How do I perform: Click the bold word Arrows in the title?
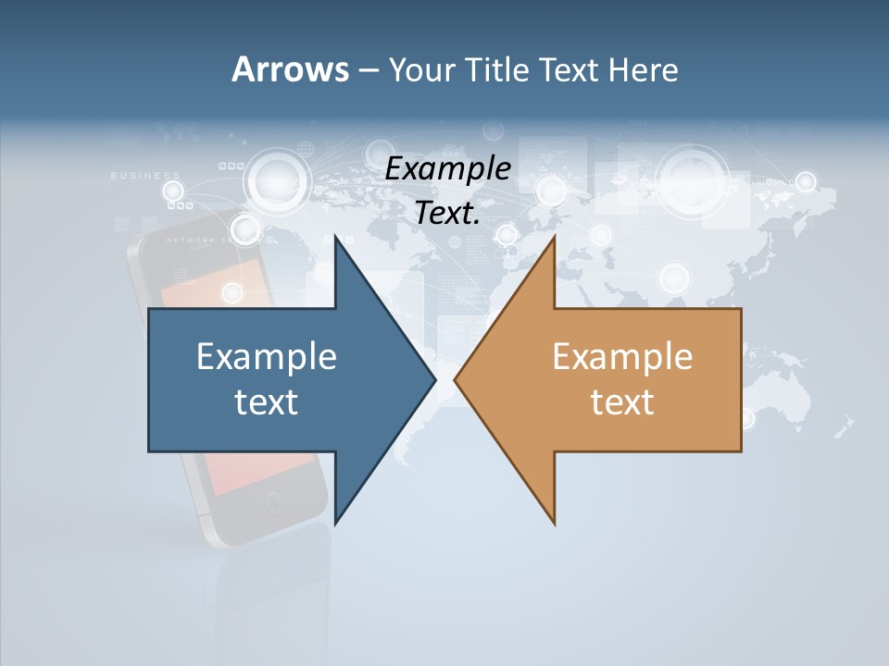pyautogui.click(x=290, y=69)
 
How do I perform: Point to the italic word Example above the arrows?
pyautogui.click(x=448, y=169)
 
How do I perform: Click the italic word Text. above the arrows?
pyautogui.click(x=448, y=213)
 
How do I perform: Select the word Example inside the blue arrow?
pyautogui.click(x=267, y=356)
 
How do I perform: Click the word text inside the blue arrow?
pyautogui.click(x=267, y=401)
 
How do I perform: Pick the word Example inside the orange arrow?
pyautogui.click(x=622, y=356)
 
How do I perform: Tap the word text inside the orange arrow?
pyautogui.click(x=622, y=401)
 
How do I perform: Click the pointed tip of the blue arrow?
pyautogui.click(x=435, y=379)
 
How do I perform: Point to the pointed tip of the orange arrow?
pyautogui.click(x=455, y=379)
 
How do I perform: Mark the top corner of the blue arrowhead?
pyautogui.click(x=335, y=237)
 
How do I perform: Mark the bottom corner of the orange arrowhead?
pyautogui.click(x=555, y=524)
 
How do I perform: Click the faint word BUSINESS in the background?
pyautogui.click(x=145, y=175)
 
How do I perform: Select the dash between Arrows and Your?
pyautogui.click(x=368, y=70)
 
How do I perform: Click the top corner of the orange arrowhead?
pyautogui.click(x=555, y=237)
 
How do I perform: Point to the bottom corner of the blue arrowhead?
pyautogui.click(x=335, y=524)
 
